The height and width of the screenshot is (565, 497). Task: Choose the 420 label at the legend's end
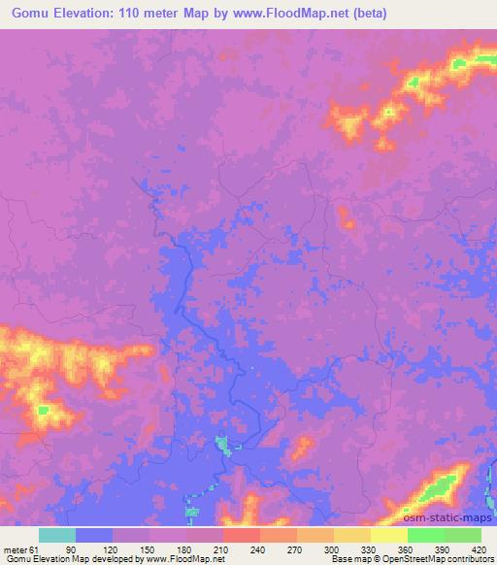click(478, 548)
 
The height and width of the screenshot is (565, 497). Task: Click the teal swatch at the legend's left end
click(57, 535)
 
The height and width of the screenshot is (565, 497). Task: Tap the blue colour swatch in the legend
click(94, 535)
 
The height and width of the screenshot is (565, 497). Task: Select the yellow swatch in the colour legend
click(389, 535)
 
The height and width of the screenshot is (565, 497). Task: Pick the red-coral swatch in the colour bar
click(242, 535)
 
